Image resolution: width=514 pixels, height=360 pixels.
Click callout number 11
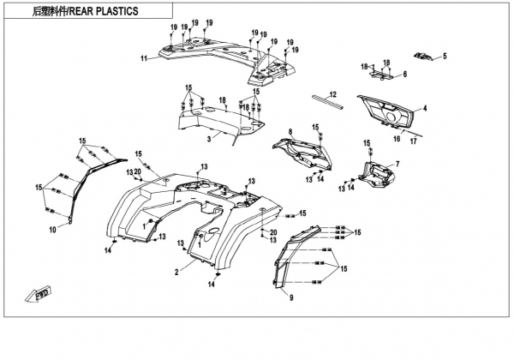(x=145, y=58)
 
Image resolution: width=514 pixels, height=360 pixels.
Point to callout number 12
(x=334, y=93)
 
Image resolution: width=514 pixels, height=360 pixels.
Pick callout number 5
(x=445, y=57)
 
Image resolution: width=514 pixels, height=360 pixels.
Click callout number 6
(x=404, y=75)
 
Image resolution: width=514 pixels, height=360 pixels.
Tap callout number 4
(x=425, y=108)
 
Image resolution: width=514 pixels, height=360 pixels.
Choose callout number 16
(x=397, y=137)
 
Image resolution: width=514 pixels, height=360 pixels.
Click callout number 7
(x=397, y=163)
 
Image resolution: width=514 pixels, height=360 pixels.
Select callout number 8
(x=290, y=130)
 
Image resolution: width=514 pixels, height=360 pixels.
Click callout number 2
(x=176, y=272)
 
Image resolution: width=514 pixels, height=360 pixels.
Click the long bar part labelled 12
(x=328, y=102)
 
